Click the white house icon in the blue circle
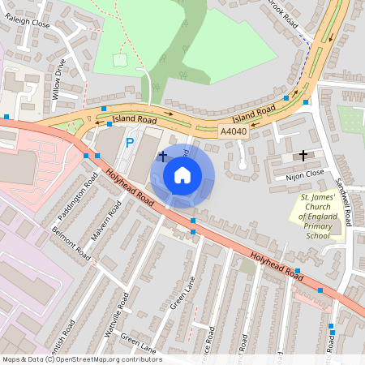coord(182,174)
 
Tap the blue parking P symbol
coord(129,143)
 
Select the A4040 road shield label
coord(233,131)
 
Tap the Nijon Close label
coord(305,174)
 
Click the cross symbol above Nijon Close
coord(303,154)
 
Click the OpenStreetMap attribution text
coord(82,359)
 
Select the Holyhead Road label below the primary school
coord(276,268)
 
